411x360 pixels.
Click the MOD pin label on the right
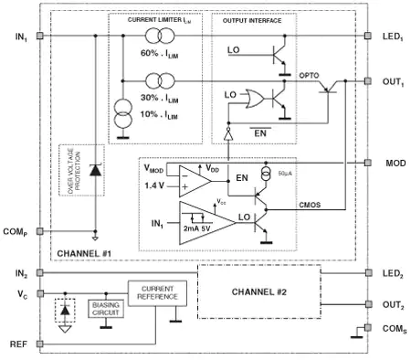point(393,163)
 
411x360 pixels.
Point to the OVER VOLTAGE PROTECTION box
point(69,172)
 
